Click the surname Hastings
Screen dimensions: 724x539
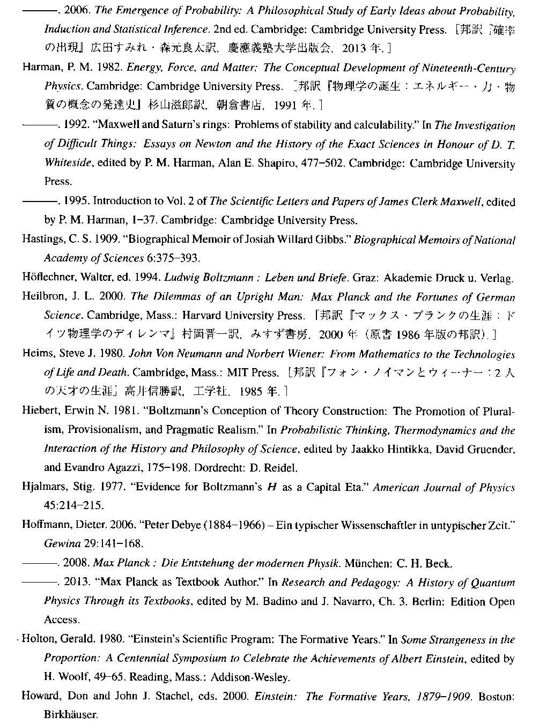point(40,239)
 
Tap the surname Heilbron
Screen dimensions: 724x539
point(40,296)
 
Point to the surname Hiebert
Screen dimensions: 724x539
point(39,411)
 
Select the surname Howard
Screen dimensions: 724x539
point(38,696)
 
